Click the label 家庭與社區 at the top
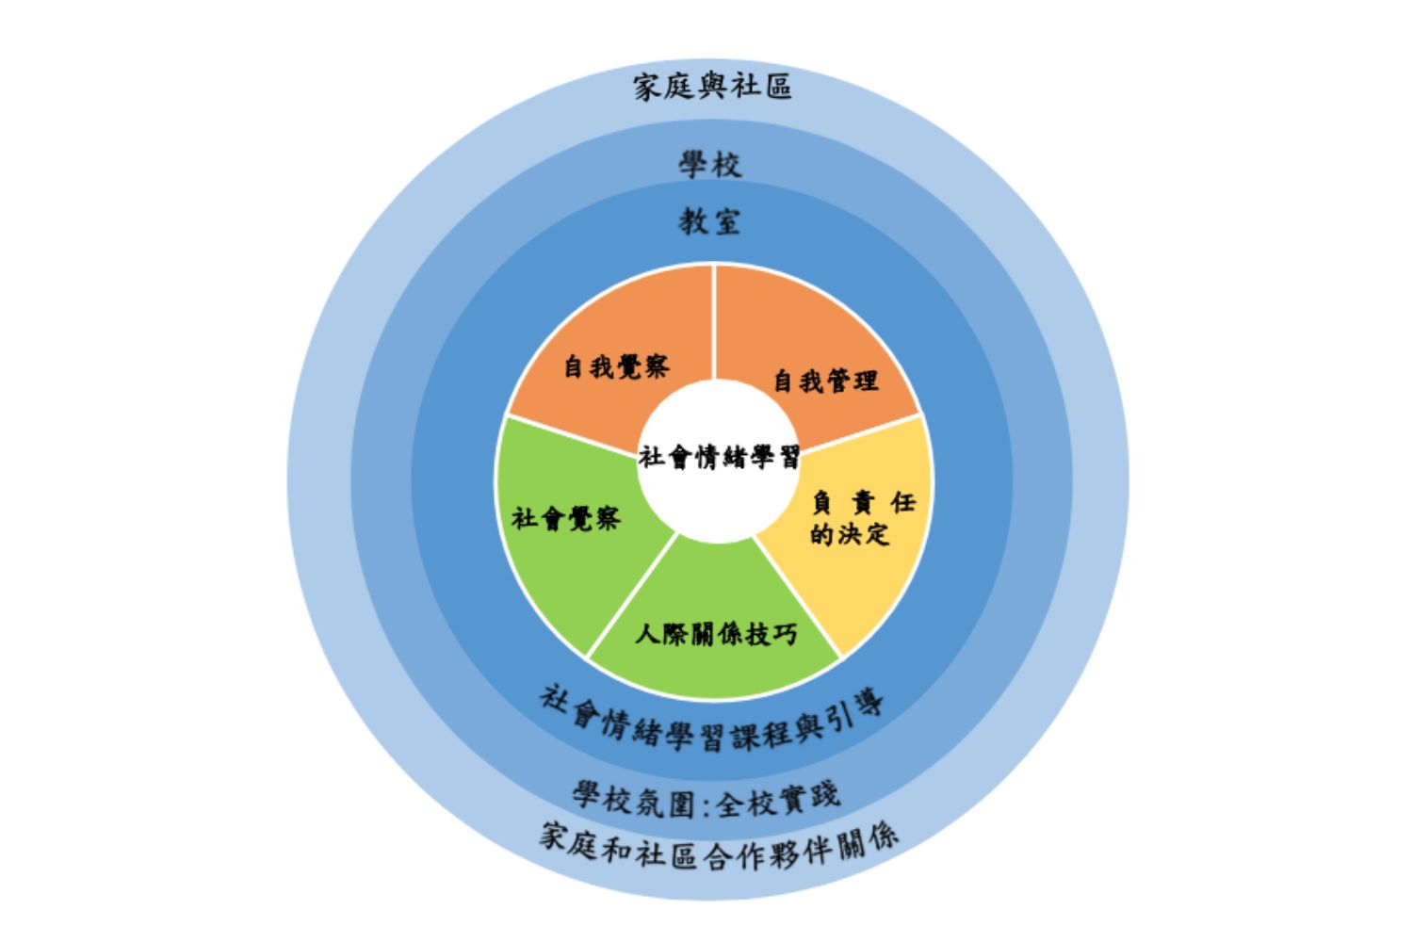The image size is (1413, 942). (712, 87)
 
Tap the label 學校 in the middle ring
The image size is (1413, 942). (710, 165)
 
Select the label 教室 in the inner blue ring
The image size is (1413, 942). (710, 222)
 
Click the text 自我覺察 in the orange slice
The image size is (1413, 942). (616, 366)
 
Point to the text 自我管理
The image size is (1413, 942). (825, 381)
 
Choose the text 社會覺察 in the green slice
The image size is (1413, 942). (565, 518)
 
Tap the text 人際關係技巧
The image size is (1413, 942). (716, 634)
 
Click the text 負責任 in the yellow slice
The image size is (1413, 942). (863, 503)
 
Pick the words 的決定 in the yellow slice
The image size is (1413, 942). (850, 534)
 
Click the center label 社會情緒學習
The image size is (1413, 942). (719, 458)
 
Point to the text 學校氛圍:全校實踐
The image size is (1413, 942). (706, 801)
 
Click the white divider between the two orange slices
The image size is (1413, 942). (714, 320)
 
